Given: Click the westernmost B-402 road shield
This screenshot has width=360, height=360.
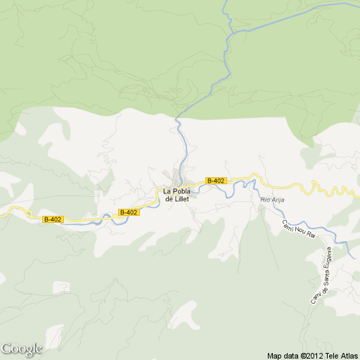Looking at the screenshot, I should click(53, 219).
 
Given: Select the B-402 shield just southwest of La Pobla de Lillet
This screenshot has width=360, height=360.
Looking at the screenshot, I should click(129, 212).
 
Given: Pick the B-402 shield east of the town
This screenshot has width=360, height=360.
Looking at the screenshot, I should click(215, 181).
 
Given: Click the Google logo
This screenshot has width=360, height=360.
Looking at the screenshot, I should click(22, 349).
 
